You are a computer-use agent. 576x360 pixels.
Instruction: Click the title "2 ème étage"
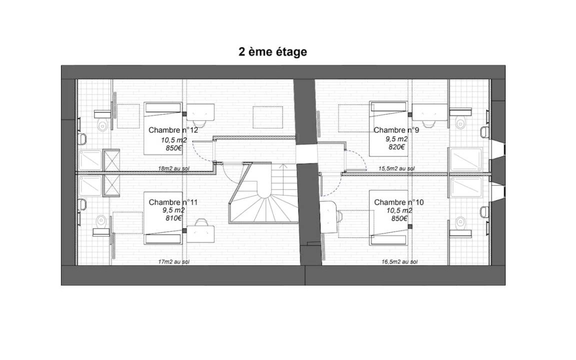click(272, 52)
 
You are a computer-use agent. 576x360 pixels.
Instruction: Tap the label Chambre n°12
click(173, 130)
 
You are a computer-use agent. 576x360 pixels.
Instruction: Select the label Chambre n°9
click(396, 130)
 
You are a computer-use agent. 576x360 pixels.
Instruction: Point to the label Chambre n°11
click(173, 202)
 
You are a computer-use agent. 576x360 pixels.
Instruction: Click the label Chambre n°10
click(398, 202)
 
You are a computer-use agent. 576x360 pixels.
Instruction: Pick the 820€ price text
click(396, 147)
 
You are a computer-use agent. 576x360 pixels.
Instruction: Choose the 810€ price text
click(173, 218)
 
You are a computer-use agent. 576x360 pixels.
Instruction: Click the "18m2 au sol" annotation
click(174, 168)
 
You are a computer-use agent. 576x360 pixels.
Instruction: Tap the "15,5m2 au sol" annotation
click(396, 168)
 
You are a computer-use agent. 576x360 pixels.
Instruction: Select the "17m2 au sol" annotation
click(174, 262)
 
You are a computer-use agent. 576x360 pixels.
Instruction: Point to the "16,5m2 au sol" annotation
click(399, 262)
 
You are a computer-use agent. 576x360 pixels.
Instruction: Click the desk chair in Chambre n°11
click(201, 222)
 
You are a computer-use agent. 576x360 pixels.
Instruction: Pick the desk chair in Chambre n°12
click(200, 123)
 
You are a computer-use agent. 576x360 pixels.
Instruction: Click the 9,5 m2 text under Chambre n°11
click(174, 210)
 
